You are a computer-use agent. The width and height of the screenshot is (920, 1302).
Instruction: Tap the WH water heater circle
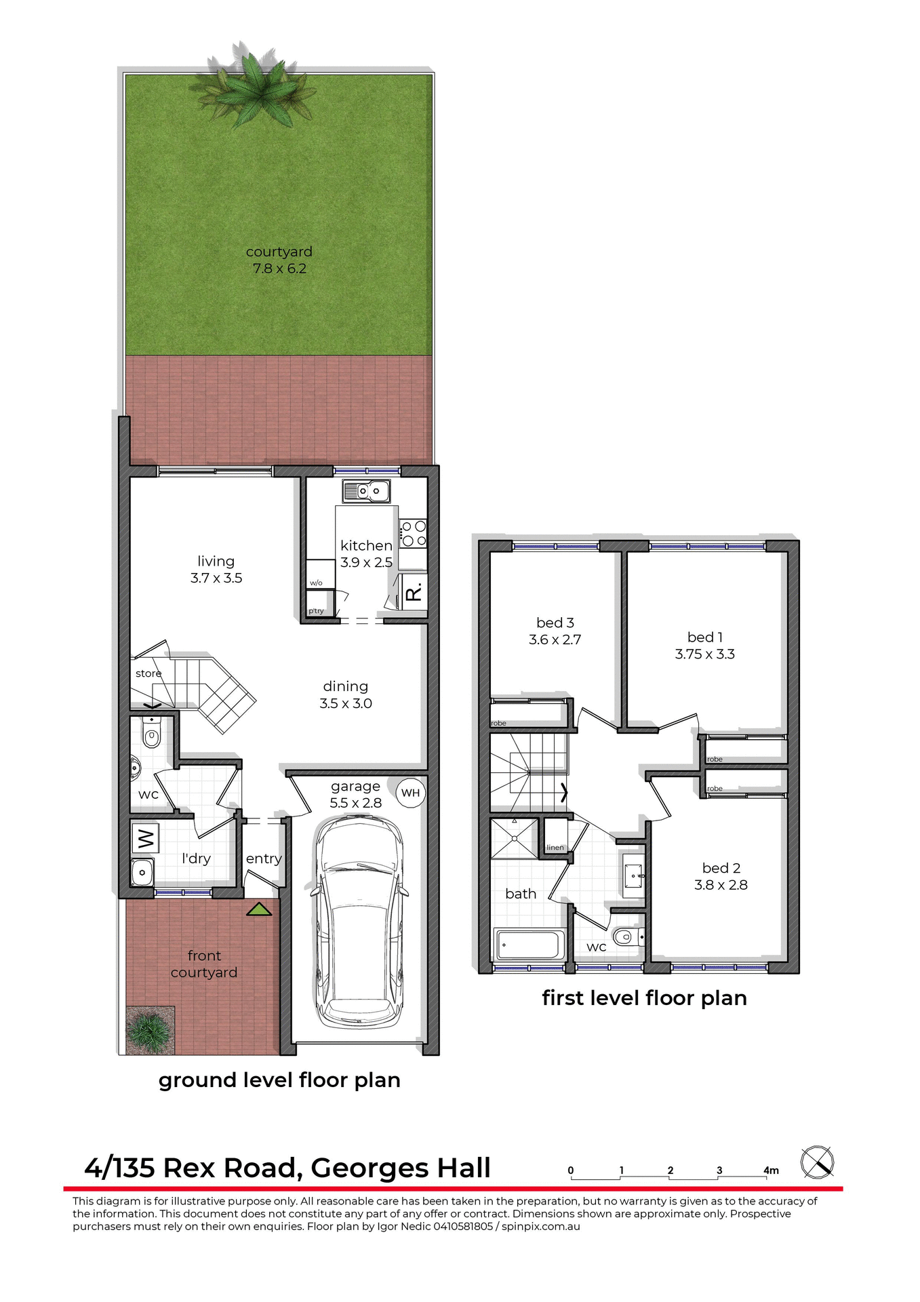click(x=410, y=793)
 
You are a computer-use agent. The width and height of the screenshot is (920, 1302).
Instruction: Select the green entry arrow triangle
click(x=258, y=909)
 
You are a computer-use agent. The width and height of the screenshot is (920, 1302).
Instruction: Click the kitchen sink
click(x=366, y=490)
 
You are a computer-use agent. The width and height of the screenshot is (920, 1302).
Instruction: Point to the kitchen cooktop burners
click(x=413, y=533)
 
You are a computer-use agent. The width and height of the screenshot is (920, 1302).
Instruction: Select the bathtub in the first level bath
click(x=529, y=944)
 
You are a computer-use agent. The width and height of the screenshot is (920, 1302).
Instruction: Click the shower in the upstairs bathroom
click(x=514, y=838)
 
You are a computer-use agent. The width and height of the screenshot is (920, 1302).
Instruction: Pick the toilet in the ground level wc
click(x=152, y=735)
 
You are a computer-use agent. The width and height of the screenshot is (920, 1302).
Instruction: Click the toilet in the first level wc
click(x=626, y=937)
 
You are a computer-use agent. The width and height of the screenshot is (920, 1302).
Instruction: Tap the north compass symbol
click(x=817, y=1162)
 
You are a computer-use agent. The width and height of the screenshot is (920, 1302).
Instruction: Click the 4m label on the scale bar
click(x=771, y=1170)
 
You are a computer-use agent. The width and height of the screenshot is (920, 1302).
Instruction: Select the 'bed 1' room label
click(x=705, y=637)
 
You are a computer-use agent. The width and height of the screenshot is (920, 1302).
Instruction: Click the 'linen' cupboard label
click(x=555, y=848)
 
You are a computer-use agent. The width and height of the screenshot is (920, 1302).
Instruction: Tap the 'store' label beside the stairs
click(x=148, y=673)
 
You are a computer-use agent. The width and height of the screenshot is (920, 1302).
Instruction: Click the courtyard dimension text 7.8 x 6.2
click(x=279, y=269)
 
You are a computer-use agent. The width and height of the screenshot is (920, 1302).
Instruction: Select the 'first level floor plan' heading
click(x=644, y=998)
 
